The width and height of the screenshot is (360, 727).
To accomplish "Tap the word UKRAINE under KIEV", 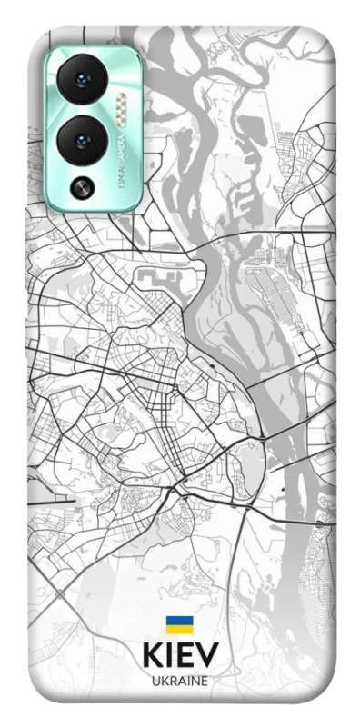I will [x=180, y=680].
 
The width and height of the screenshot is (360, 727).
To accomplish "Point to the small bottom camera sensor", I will [x=85, y=188].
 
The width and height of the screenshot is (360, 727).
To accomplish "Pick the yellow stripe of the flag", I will [x=179, y=630].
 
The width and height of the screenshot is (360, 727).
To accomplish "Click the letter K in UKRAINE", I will [x=164, y=680].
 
